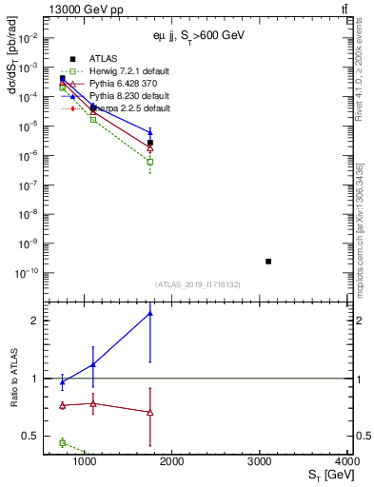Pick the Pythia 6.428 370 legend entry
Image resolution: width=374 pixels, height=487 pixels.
point(125,84)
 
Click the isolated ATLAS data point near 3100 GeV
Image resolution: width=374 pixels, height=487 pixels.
point(268,261)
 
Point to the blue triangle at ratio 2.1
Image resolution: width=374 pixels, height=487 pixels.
point(150,313)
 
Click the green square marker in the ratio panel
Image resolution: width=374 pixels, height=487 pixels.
point(63,442)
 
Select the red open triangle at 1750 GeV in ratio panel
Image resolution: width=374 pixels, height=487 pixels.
point(150,412)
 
